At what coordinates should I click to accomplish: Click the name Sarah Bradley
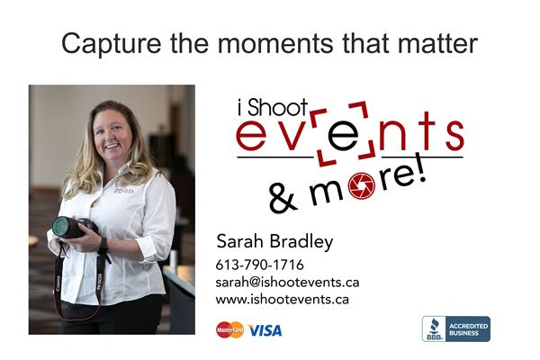274,242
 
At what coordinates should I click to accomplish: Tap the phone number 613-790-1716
260,265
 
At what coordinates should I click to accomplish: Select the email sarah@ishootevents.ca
287,282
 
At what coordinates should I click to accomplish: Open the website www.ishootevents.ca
282,299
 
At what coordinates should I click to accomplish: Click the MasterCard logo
229,329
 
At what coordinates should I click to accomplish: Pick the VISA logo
265,330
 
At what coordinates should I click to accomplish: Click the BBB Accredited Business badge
455,329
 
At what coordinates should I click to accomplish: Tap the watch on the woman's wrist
103,244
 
